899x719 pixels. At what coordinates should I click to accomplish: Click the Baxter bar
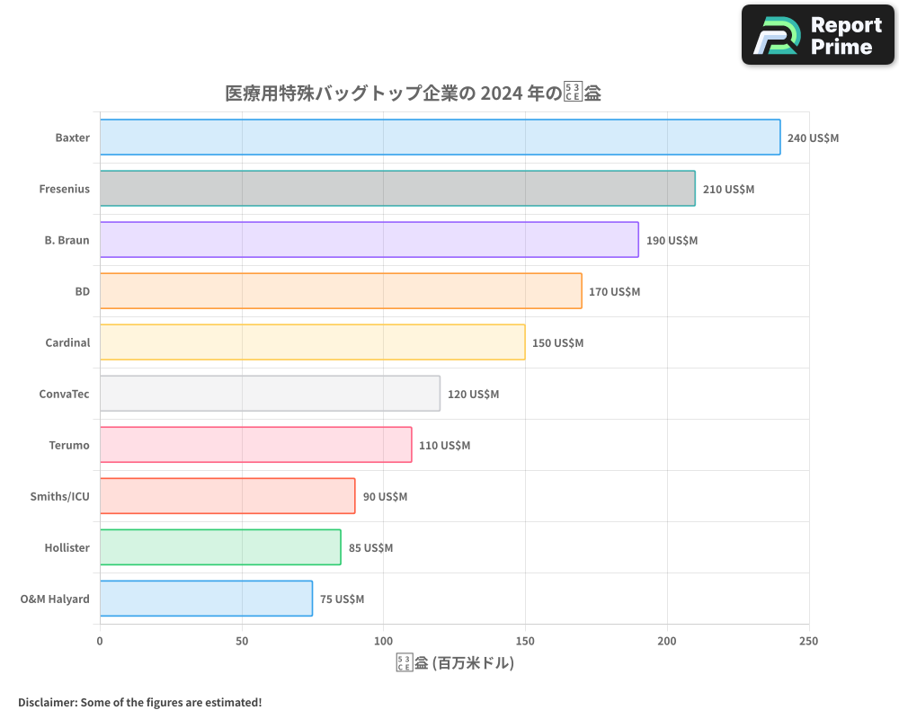click(440, 138)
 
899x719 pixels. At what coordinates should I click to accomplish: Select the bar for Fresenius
click(397, 189)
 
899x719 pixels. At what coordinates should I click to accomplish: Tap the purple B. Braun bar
click(369, 240)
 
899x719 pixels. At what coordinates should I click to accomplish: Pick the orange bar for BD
click(341, 291)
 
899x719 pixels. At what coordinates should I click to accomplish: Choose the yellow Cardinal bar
click(312, 342)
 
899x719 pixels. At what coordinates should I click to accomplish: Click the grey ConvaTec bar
click(270, 394)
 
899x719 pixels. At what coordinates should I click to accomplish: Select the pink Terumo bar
click(255, 445)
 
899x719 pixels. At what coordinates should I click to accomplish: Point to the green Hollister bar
click(220, 547)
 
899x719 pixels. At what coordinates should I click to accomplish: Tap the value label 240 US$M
click(813, 138)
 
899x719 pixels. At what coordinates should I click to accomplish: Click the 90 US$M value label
click(385, 497)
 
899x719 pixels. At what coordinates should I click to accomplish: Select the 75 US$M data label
click(342, 599)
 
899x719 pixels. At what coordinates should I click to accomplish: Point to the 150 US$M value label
click(557, 343)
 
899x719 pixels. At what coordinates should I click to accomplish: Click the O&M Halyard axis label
click(55, 599)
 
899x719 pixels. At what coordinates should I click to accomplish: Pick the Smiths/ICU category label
click(60, 496)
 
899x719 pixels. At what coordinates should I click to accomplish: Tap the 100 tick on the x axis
click(383, 641)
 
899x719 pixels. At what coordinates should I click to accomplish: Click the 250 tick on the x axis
click(808, 641)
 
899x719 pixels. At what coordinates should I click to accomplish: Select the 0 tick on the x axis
click(100, 641)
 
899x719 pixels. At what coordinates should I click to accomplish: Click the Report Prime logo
click(817, 35)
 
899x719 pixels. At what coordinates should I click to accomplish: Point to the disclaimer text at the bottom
click(139, 702)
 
